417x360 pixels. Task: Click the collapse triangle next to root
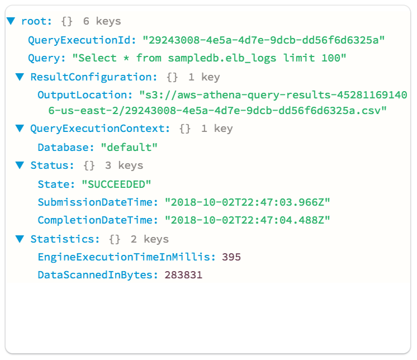click(11, 21)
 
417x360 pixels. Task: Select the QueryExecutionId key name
click(82, 40)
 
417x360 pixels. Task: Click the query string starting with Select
click(209, 58)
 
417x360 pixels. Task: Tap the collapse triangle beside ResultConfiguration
click(20, 77)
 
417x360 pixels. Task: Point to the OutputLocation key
click(85, 95)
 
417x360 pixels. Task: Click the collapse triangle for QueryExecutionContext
click(20, 129)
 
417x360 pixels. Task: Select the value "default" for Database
click(129, 147)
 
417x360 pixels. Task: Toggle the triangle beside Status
click(20, 165)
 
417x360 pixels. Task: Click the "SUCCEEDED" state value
click(116, 184)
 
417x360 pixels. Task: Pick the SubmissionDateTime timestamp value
click(247, 202)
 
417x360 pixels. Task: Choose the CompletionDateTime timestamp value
click(247, 220)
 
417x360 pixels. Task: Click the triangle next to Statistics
click(20, 239)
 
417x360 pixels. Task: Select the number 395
click(231, 257)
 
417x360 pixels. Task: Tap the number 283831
click(183, 275)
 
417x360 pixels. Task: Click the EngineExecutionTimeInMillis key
click(126, 257)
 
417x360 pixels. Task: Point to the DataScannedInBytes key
click(98, 275)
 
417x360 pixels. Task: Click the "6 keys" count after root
click(102, 21)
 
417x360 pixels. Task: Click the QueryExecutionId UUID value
click(263, 40)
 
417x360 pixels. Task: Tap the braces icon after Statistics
click(115, 239)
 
